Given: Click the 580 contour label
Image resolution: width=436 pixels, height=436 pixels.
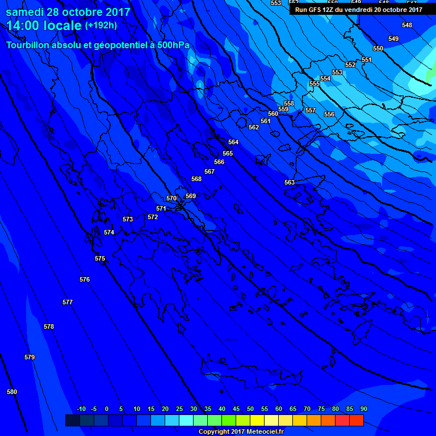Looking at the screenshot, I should pos(12,392).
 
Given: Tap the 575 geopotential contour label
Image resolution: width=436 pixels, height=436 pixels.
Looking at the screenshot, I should pos(100,258).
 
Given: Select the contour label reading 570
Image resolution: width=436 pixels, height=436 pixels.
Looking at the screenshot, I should pos(171,198).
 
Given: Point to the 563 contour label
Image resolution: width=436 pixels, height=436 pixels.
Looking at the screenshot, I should pos(290,182).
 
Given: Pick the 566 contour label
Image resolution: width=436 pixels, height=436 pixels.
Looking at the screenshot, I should pos(219,162).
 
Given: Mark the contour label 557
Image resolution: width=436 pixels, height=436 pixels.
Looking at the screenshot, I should pos(311,110).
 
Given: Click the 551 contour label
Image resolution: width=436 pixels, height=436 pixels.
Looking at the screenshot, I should pos(366,60).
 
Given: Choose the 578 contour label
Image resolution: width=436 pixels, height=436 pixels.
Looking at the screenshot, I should pos(49,326).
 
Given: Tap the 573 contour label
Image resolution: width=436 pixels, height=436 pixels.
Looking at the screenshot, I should pos(128,219).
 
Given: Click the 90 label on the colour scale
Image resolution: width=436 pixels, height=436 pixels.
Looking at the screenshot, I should pos(363,409).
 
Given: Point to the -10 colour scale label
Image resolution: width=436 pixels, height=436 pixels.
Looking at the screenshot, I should pos(81,409).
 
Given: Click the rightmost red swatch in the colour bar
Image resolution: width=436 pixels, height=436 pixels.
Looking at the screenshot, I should pos(357,420).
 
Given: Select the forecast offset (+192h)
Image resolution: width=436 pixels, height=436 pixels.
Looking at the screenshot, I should pos(101,26).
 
